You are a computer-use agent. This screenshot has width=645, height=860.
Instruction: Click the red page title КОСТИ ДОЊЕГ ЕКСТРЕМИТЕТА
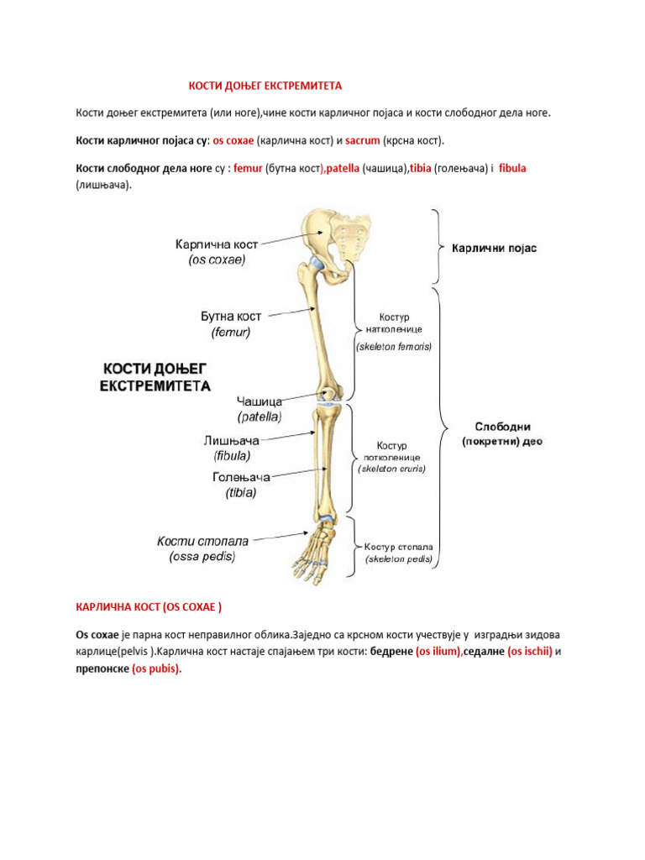(265, 87)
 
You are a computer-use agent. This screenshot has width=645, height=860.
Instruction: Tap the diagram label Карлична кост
(217, 244)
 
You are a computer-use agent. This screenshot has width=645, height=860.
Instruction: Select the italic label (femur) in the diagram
(231, 332)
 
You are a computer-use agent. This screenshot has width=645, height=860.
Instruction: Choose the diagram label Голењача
(241, 477)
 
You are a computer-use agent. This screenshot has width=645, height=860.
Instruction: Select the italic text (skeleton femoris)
(394, 346)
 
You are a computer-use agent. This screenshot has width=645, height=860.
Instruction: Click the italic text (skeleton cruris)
(392, 469)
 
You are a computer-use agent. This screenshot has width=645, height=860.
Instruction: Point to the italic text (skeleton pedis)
(399, 558)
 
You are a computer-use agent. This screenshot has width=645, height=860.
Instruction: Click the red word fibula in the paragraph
(512, 169)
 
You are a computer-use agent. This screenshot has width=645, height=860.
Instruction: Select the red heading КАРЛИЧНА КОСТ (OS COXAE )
(149, 606)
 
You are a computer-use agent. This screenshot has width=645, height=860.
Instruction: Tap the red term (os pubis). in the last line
(157, 669)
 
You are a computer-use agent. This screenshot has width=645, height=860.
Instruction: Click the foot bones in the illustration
(315, 554)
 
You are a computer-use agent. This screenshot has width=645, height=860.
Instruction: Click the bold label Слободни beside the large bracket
(502, 427)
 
